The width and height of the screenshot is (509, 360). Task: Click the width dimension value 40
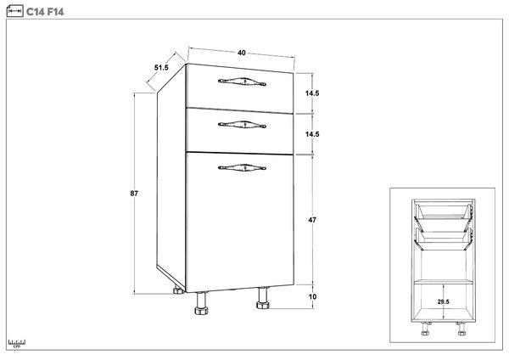click(x=242, y=53)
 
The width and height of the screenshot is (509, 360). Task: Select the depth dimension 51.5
click(x=161, y=68)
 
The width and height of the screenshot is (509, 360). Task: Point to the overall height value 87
click(x=134, y=194)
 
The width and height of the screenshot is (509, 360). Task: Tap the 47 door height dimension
click(x=312, y=220)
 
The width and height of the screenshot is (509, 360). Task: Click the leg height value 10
click(x=312, y=296)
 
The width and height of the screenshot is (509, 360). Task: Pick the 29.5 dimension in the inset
click(x=444, y=301)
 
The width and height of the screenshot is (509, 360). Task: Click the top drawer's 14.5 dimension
click(x=312, y=93)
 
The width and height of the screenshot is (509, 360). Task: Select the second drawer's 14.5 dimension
click(x=312, y=134)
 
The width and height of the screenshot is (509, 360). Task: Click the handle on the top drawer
click(x=242, y=82)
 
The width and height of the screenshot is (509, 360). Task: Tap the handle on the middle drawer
click(x=242, y=125)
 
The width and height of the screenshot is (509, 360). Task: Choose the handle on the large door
click(x=242, y=167)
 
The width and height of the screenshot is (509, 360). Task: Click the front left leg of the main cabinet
click(x=201, y=303)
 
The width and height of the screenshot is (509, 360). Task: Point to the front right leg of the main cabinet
click(x=263, y=298)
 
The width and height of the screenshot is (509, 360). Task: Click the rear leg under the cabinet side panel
click(x=178, y=290)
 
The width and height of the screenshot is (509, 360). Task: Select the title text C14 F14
click(x=45, y=12)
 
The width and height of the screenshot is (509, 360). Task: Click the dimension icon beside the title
click(x=15, y=11)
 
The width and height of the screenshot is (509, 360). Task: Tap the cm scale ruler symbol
click(x=17, y=343)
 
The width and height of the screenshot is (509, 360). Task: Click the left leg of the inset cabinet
click(x=425, y=329)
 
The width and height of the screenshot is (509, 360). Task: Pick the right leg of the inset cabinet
click(x=461, y=329)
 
